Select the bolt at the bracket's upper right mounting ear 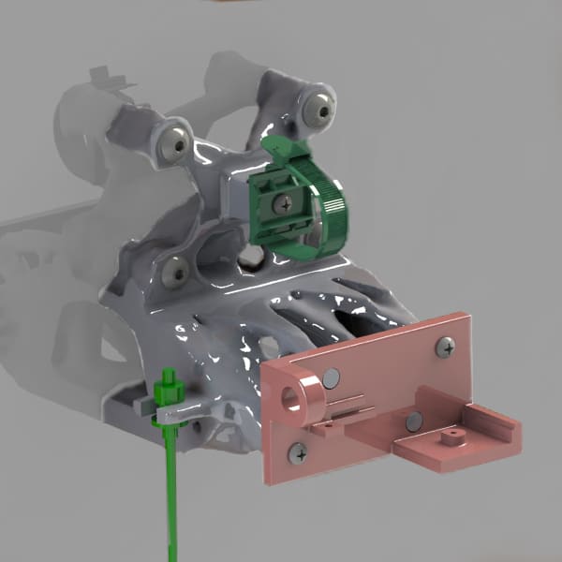[x=324, y=111]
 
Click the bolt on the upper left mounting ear [x=174, y=142]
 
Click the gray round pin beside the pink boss [x=330, y=378]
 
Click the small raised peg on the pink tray [x=453, y=436]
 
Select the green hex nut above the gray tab [x=169, y=384]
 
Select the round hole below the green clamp [x=250, y=256]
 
